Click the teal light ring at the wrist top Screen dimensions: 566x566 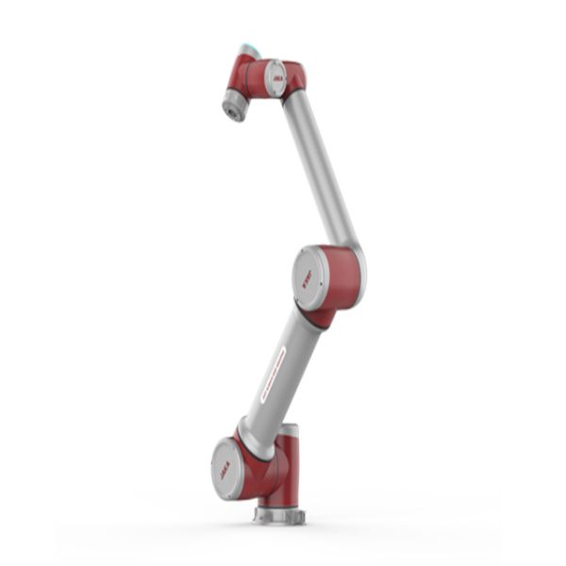pos(249,48)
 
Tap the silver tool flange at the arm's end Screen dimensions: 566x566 pos(233,107)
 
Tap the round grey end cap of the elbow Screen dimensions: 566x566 pos(309,279)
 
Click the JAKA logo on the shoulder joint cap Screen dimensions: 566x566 pos(226,468)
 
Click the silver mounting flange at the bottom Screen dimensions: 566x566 pos(280,515)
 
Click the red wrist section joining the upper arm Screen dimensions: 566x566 pos(293,77)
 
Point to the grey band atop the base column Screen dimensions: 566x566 pos(289,431)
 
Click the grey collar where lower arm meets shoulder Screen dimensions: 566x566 pos(253,439)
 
